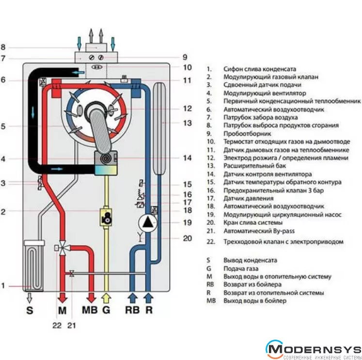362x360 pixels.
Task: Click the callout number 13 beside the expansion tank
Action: (188, 123)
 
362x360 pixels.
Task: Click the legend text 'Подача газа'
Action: (241, 268)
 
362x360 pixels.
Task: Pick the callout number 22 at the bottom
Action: (57, 326)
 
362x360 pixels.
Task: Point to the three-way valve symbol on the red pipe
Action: (62, 248)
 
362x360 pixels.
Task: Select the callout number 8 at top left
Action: (3, 47)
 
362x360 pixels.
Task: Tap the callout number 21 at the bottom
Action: (72, 326)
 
